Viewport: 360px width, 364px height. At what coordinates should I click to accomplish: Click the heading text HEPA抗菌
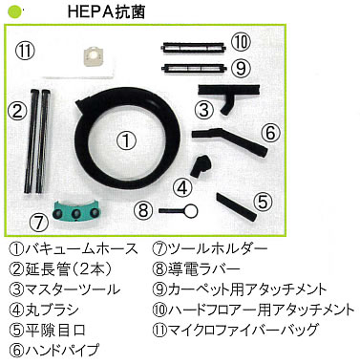coord(107,11)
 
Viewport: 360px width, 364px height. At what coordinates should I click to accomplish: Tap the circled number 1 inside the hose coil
coord(126,140)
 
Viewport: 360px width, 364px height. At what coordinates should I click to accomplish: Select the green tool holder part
coord(75,210)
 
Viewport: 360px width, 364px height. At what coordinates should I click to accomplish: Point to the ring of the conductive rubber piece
coord(191,210)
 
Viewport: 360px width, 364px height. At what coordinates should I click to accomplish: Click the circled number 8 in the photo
coord(143,210)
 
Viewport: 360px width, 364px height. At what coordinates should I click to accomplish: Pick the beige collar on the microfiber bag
coord(93,58)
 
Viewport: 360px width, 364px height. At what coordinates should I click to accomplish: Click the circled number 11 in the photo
coord(25,51)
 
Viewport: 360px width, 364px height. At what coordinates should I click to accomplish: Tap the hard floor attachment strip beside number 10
coord(194,48)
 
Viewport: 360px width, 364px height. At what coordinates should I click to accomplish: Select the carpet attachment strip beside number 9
coord(194,68)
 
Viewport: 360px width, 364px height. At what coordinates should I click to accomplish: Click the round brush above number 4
coord(201,164)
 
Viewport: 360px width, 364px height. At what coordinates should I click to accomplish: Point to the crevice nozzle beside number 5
coord(236,207)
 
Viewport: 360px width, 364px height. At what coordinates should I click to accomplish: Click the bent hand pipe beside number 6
coord(230,139)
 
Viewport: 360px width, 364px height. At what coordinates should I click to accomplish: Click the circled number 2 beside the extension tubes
coord(16,111)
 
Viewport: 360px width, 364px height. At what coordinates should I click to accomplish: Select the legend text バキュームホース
coord(81,249)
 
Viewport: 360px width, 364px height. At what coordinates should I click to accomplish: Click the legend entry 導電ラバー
coord(203,269)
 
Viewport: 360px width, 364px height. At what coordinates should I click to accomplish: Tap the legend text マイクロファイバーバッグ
coord(243,330)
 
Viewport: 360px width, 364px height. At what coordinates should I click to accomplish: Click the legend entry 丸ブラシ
coord(52,310)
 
